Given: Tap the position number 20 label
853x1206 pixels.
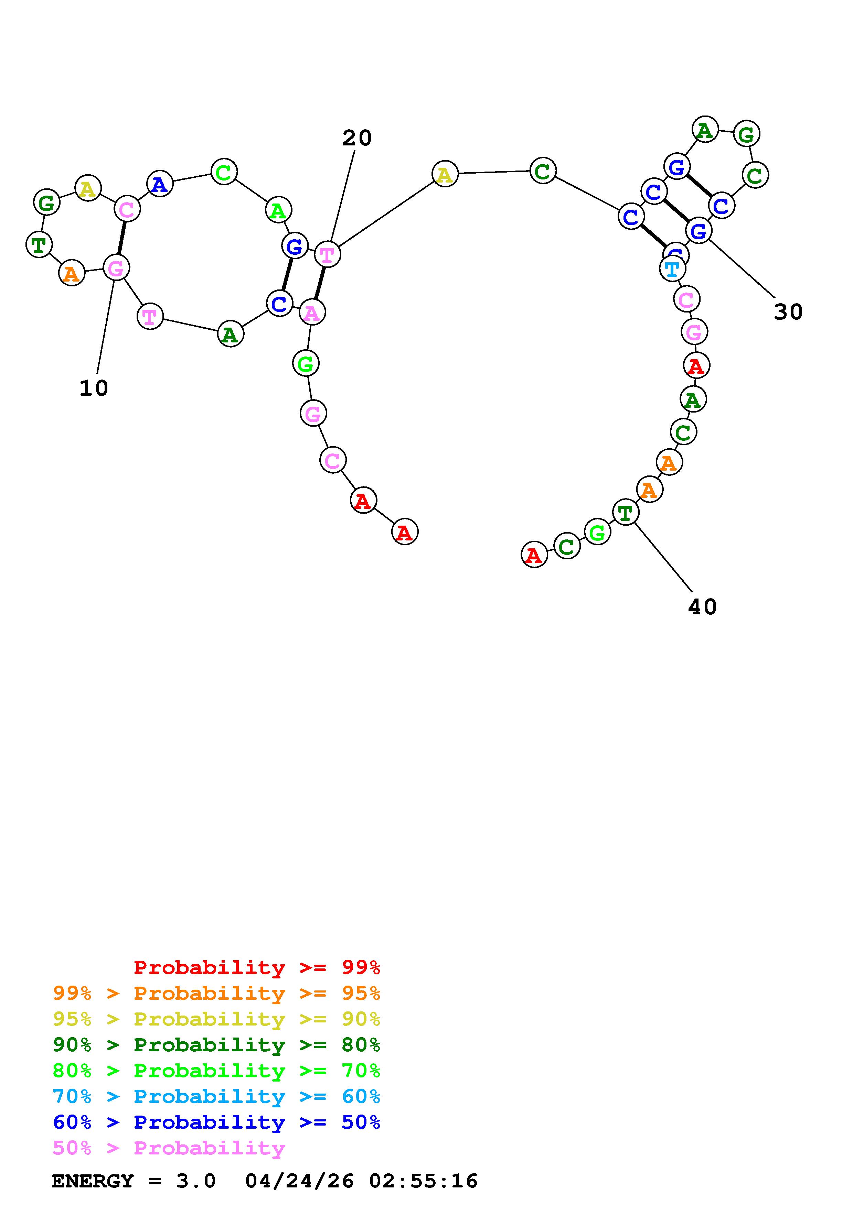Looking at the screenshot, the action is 357,138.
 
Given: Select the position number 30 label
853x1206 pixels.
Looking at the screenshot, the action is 788,312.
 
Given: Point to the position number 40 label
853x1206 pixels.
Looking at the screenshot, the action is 702,607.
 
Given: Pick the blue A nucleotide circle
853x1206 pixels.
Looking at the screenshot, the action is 160,184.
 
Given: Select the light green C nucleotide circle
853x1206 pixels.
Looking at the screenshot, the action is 224,172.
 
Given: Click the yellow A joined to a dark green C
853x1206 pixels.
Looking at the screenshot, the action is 445,174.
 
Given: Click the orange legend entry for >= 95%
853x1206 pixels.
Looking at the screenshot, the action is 216,993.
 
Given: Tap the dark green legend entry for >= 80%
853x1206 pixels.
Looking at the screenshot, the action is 216,1045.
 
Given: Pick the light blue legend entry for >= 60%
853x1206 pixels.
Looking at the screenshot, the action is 216,1096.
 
